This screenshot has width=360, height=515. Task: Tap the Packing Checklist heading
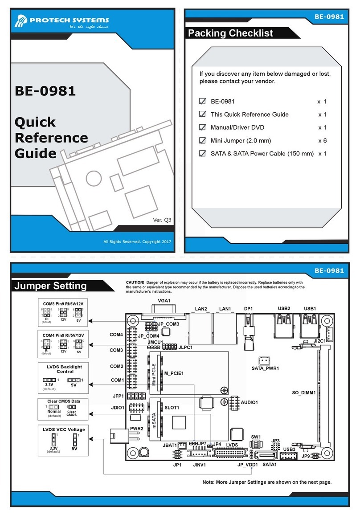pos(230,33)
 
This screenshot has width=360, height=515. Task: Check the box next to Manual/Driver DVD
pos(203,127)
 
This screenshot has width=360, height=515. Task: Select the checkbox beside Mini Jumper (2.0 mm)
pos(203,141)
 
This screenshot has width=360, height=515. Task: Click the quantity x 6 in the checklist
pos(322,141)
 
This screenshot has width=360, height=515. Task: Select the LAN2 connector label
pos(201,308)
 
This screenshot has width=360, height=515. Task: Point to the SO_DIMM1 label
pos(304,392)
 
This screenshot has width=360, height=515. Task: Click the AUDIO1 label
pos(250,402)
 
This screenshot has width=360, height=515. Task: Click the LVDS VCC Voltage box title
pos(64,429)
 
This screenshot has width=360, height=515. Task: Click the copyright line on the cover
pos(137,241)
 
